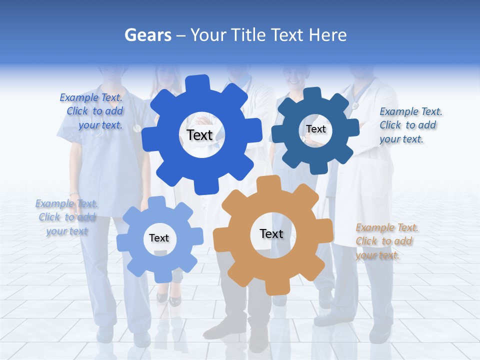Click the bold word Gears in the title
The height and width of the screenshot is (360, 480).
pos(147,35)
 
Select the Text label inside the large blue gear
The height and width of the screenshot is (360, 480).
pos(199,135)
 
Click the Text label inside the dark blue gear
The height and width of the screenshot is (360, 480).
pos(315,129)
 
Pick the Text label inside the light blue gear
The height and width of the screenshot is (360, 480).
pos(159,238)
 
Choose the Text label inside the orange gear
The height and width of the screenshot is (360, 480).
pos(271,233)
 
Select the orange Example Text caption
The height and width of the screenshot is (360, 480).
pos(386,241)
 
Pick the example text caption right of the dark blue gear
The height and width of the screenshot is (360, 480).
pos(410,125)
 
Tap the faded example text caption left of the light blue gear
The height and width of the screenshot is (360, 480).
pos(66,217)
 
